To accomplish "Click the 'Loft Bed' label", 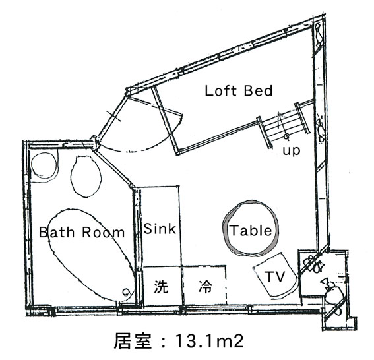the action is coord(239,91).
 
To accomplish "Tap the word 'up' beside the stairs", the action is coord(292,151).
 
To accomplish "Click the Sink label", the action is coord(160,229).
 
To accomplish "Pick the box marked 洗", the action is coord(162,285).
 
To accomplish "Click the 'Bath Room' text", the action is coord(82,232).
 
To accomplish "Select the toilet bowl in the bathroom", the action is coord(86,177).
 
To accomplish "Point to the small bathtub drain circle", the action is coord(126,292).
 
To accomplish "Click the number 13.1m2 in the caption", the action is coord(209,341).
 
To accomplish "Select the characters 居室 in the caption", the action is coord(133,341).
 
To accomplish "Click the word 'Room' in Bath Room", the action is coord(104,233).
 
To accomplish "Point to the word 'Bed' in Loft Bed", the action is coord(258,91).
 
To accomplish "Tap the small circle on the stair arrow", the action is coord(286,136).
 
